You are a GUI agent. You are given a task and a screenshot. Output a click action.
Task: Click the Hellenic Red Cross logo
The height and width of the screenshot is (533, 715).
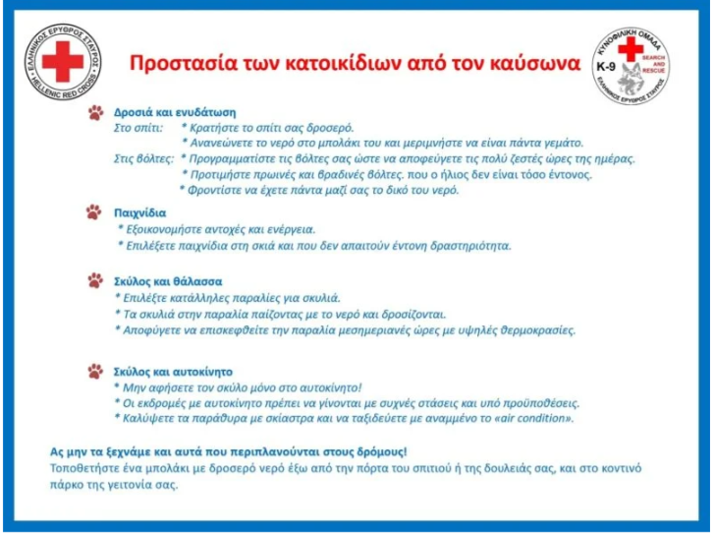63,62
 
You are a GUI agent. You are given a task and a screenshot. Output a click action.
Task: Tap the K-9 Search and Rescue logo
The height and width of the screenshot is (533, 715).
632,65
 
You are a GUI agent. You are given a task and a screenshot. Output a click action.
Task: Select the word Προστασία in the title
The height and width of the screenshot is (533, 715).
181,64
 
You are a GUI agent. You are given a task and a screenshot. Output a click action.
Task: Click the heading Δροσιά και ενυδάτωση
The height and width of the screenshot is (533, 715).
175,112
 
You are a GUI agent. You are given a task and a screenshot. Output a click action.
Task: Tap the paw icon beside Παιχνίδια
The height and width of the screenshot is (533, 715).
94,211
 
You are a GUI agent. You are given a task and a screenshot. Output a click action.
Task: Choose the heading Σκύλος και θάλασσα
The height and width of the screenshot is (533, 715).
168,281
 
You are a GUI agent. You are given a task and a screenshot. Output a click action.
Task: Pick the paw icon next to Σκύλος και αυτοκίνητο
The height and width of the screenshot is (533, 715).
95,372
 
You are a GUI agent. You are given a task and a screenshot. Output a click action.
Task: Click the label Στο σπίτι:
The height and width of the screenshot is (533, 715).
138,128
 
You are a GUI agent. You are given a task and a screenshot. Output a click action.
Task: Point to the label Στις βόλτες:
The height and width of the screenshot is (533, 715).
143,159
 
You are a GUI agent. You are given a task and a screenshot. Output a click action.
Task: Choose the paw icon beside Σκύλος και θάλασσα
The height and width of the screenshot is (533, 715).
95,281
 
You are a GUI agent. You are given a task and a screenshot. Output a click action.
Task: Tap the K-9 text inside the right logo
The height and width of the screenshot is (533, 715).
606,67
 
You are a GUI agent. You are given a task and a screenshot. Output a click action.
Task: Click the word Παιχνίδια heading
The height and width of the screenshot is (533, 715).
140,212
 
